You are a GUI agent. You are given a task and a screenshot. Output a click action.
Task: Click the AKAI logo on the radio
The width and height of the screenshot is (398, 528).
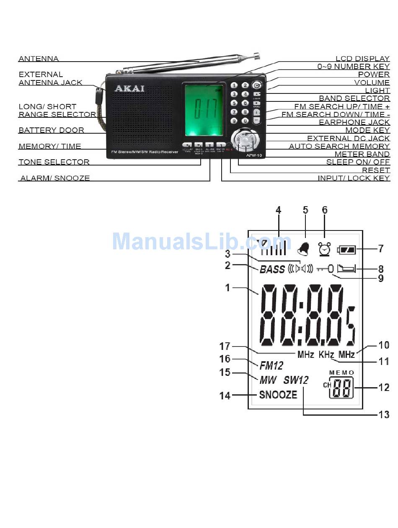click(x=129, y=88)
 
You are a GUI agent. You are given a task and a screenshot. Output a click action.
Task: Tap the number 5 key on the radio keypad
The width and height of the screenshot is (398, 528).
click(x=234, y=103)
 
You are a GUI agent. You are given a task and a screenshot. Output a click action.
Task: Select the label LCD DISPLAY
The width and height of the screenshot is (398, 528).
click(x=363, y=59)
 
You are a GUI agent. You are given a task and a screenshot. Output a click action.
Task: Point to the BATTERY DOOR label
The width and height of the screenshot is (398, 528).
click(x=51, y=130)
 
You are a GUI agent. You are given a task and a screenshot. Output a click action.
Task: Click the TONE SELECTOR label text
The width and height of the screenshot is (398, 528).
click(x=54, y=162)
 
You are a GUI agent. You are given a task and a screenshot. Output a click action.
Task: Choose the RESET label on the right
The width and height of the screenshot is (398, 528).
click(x=376, y=170)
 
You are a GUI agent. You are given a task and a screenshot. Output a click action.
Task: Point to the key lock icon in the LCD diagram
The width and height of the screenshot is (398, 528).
click(x=325, y=268)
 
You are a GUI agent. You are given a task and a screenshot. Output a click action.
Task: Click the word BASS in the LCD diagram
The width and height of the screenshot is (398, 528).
click(x=272, y=269)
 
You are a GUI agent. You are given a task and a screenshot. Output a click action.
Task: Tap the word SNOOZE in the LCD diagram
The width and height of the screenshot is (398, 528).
click(x=278, y=395)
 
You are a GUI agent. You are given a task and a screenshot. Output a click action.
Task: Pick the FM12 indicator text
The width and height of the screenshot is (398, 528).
click(x=271, y=366)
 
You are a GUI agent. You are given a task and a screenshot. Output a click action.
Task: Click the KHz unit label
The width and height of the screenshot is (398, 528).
click(x=326, y=355)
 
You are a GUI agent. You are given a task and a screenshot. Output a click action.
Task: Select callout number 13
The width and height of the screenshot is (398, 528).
click(x=384, y=414)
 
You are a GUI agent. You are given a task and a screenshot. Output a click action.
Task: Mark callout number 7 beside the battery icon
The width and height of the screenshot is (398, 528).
click(x=380, y=249)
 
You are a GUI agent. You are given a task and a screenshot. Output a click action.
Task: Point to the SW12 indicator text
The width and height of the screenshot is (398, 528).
click(x=296, y=380)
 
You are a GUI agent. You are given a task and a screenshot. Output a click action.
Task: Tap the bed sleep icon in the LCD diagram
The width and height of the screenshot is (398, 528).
click(x=346, y=267)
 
